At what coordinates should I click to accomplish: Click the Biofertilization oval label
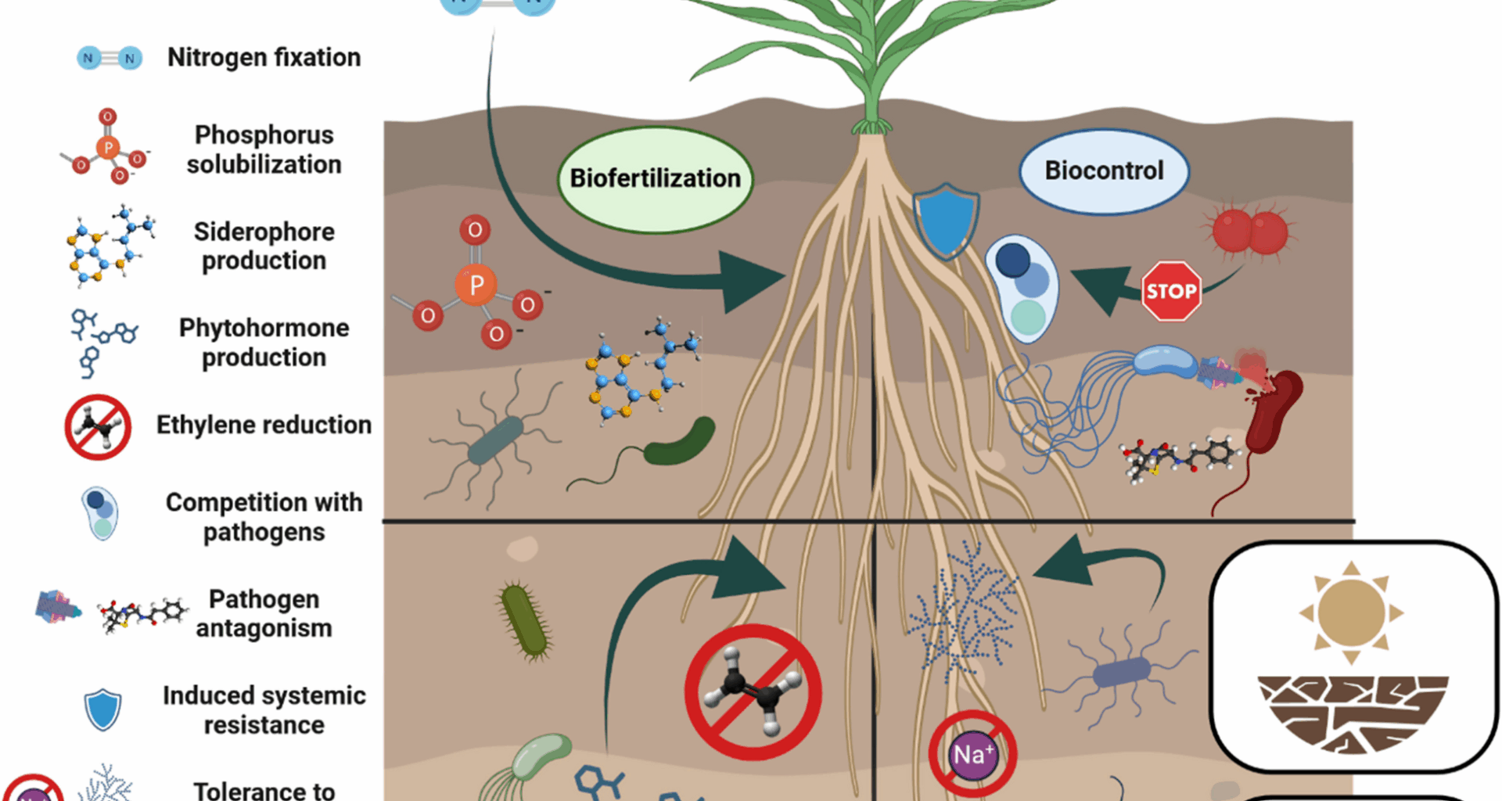click(655, 179)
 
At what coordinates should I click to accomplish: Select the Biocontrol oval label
click(1104, 171)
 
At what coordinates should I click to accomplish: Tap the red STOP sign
click(1171, 291)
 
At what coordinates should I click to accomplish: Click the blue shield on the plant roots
click(946, 220)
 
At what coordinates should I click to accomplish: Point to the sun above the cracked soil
click(1351, 612)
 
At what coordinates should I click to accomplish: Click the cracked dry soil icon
click(1353, 713)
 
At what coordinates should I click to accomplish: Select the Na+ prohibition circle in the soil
click(972, 754)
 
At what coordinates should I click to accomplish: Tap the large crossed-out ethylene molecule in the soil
click(753, 691)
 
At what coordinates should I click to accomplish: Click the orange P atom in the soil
click(476, 285)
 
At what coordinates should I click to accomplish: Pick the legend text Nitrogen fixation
click(264, 58)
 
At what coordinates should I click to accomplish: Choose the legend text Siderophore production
click(264, 246)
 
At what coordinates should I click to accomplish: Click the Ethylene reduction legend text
click(264, 425)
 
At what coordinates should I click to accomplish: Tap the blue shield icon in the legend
click(102, 709)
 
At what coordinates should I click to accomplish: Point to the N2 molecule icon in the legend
click(110, 58)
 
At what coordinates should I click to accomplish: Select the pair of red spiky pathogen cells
click(1249, 232)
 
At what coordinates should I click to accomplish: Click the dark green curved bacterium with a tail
click(679, 442)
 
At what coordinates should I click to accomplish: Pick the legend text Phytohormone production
click(264, 342)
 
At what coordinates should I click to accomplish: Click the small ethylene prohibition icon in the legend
click(98, 427)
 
